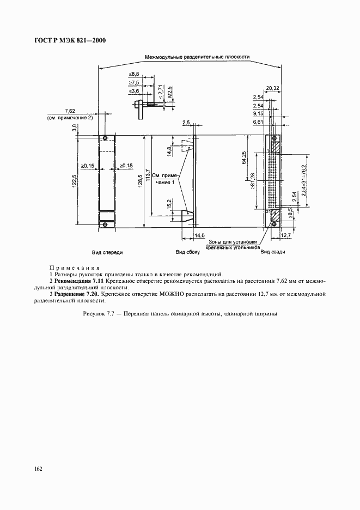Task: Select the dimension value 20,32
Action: (x=273, y=88)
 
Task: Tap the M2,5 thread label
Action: (x=170, y=91)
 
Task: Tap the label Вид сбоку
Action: (x=187, y=252)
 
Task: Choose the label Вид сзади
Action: (x=273, y=252)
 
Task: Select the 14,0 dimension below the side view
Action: (x=200, y=234)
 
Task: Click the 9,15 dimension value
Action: (x=259, y=113)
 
